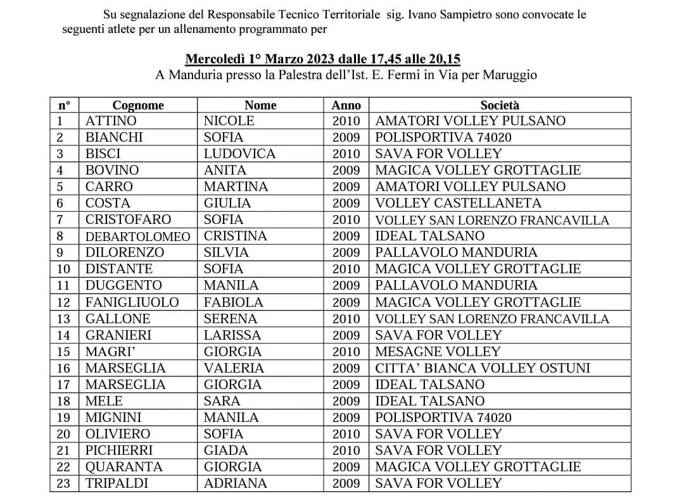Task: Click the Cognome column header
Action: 138,105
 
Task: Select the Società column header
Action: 499,105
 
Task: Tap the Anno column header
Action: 346,105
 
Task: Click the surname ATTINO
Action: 111,121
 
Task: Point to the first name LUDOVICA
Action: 239,154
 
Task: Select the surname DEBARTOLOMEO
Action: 137,237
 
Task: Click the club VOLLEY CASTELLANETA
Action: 458,203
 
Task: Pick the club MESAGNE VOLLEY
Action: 438,352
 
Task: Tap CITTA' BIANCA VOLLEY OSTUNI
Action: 482,368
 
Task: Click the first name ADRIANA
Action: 235,483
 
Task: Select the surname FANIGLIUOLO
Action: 132,302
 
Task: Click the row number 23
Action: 63,483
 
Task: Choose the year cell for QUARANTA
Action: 346,467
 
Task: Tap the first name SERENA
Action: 230,319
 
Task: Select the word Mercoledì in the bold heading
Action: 215,59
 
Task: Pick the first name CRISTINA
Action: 235,236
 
